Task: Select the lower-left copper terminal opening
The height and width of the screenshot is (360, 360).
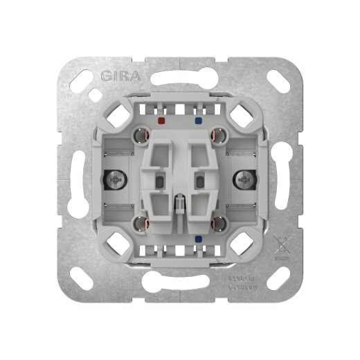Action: (x=143, y=223)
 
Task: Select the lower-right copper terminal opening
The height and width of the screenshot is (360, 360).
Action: (x=216, y=223)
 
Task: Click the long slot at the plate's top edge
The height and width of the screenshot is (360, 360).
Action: (x=180, y=72)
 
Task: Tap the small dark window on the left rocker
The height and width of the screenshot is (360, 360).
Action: (x=161, y=182)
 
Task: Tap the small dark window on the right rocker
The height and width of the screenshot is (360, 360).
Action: (x=200, y=182)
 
